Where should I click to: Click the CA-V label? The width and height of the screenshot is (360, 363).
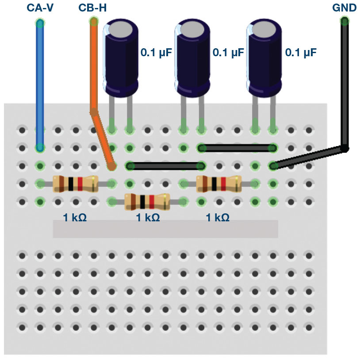(40, 8)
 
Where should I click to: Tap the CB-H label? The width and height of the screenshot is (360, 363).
(92, 8)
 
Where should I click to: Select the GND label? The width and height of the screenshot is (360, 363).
(344, 8)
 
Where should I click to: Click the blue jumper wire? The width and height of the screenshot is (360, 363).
(40, 84)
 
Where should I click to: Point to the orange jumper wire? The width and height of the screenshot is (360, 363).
(94, 66)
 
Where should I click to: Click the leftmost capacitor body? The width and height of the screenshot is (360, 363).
(120, 62)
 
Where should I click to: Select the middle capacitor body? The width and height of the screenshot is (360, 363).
(192, 62)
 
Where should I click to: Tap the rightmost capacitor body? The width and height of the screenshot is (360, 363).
(264, 62)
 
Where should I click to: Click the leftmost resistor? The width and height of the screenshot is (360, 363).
(74, 183)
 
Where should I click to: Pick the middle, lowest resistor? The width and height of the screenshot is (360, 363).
(147, 201)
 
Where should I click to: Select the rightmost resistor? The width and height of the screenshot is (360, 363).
(218, 183)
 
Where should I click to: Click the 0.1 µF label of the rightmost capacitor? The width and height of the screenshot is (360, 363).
(301, 53)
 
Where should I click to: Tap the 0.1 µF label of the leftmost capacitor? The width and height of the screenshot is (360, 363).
(156, 53)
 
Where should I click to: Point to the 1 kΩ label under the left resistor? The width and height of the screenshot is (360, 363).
(74, 217)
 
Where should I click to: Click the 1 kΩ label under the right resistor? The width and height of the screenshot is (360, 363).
(218, 217)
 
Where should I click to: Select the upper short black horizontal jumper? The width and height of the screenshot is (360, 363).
(237, 147)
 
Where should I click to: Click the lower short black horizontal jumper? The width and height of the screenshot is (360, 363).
(165, 166)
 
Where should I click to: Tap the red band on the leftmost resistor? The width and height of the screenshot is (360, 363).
(80, 183)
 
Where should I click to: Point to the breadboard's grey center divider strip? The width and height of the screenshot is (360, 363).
(165, 229)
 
